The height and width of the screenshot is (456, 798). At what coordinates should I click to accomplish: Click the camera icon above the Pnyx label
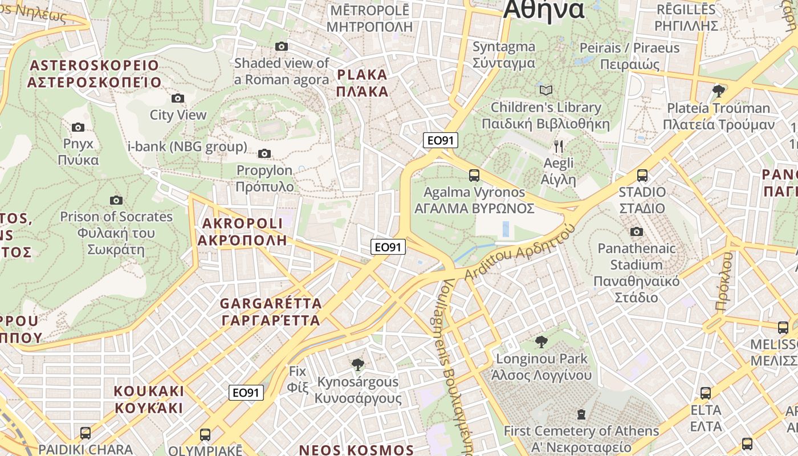pyautogui.click(x=78, y=127)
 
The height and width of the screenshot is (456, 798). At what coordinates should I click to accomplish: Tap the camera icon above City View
pyautogui.click(x=178, y=98)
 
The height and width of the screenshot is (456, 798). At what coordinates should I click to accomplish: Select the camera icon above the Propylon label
pyautogui.click(x=264, y=153)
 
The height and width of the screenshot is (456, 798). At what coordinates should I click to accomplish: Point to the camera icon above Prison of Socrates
pyautogui.click(x=116, y=200)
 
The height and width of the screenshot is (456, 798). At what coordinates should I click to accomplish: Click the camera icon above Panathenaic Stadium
pyautogui.click(x=637, y=231)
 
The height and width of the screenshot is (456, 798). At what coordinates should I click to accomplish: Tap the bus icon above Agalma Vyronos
pyautogui.click(x=474, y=176)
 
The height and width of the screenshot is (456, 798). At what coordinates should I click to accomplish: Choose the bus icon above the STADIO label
pyautogui.click(x=642, y=176)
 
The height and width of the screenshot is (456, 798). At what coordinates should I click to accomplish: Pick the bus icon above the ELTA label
pyautogui.click(x=706, y=393)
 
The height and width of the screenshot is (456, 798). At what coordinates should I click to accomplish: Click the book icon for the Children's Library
pyautogui.click(x=546, y=90)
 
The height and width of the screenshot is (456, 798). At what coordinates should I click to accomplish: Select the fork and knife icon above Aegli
pyautogui.click(x=559, y=146)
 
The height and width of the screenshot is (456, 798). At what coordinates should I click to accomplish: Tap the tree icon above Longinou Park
pyautogui.click(x=541, y=342)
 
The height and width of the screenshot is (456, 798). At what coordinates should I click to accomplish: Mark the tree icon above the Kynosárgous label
pyautogui.click(x=358, y=365)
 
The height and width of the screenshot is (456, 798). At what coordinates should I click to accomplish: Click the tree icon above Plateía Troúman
pyautogui.click(x=719, y=91)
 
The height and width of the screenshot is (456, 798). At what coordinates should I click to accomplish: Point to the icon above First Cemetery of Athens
pyautogui.click(x=581, y=414)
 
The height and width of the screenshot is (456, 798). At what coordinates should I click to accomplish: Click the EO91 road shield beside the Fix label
pyautogui.click(x=246, y=393)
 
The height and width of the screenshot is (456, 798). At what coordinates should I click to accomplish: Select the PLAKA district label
pyautogui.click(x=363, y=83)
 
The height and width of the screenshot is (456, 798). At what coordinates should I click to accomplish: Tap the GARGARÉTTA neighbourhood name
pyautogui.click(x=271, y=311)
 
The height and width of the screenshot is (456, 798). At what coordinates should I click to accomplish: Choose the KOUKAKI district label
pyautogui.click(x=149, y=399)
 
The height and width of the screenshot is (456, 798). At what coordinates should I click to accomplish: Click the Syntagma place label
pyautogui.click(x=504, y=55)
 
